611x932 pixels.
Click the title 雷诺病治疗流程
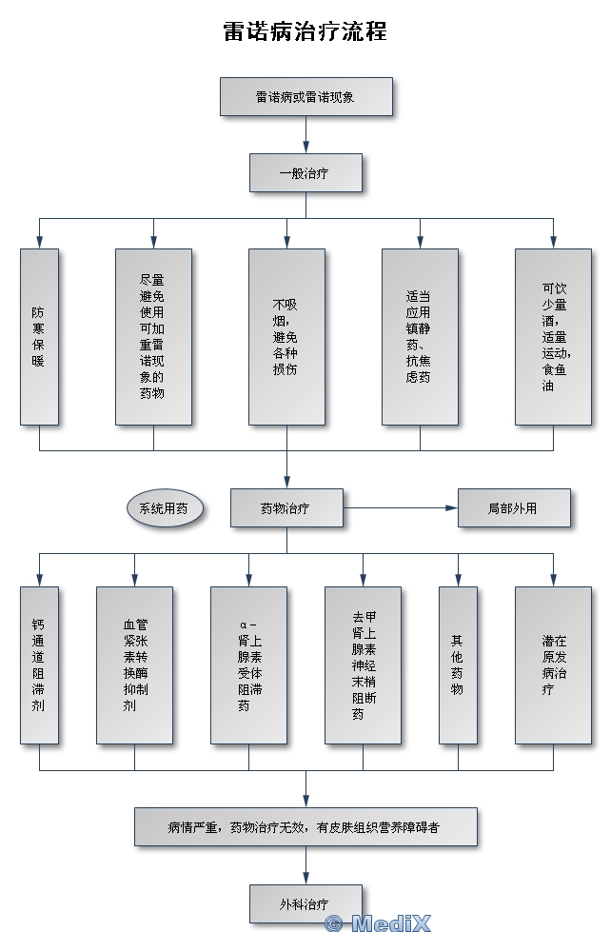[305, 30]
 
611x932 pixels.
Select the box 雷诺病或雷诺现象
[305, 97]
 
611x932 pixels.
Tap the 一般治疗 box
[305, 173]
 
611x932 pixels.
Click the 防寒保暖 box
[39, 336]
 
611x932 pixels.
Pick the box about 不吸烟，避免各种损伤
[286, 336]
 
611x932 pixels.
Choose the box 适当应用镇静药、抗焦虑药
[420, 336]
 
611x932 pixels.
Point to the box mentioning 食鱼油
[553, 336]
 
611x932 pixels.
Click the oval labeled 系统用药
[164, 508]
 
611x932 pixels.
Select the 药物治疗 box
[286, 508]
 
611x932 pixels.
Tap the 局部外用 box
[514, 508]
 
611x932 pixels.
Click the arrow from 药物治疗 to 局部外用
[400, 508]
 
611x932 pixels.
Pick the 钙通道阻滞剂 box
[39, 664]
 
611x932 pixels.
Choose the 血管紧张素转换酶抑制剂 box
[134, 664]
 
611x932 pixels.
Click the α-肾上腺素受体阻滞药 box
[248, 664]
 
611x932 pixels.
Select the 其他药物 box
[458, 664]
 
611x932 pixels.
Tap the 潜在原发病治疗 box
[553, 664]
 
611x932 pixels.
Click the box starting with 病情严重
[305, 827]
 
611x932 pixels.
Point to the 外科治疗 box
[305, 902]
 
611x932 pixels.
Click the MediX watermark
[378, 922]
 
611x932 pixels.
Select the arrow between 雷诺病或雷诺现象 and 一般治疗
[305, 135]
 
